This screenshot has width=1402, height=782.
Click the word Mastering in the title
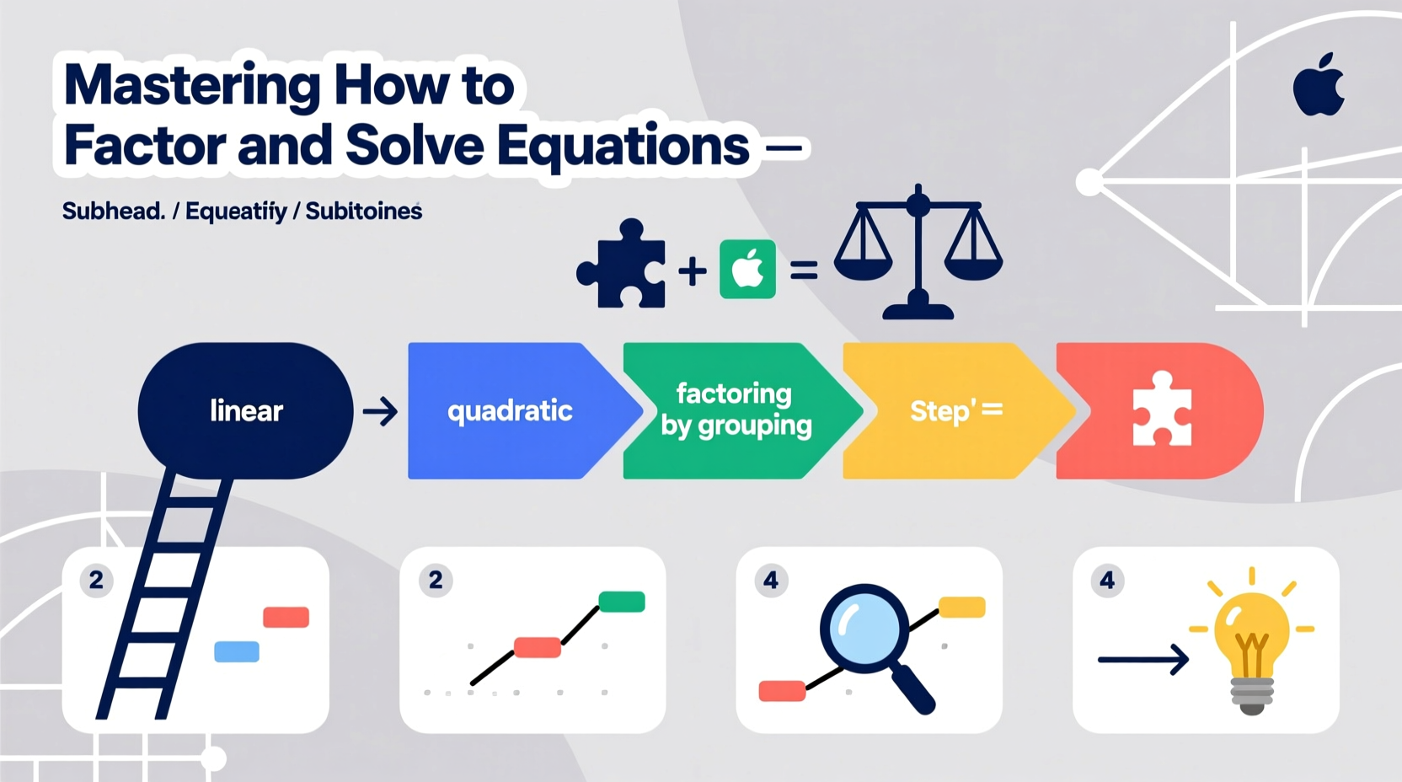point(192,86)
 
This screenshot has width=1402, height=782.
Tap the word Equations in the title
point(623,146)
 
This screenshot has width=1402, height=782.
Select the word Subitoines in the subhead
point(363,211)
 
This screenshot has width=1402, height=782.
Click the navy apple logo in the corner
point(1319,85)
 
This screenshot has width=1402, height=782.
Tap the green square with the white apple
point(747,270)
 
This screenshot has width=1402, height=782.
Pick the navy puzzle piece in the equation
point(622,265)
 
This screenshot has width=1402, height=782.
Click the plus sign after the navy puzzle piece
point(693,271)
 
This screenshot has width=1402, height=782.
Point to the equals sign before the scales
point(803,270)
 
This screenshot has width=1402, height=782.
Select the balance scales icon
point(918,252)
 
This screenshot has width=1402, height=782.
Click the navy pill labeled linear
point(245,410)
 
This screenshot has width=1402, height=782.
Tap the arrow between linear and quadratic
point(380,412)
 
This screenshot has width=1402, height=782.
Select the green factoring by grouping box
point(735,410)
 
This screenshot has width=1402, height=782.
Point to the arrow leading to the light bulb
point(1142,659)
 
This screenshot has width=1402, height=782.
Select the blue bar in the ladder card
point(237,651)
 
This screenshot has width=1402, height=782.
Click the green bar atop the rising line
point(622,602)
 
